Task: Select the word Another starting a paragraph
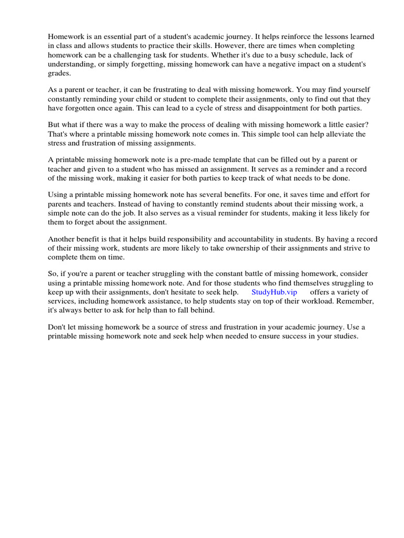pos(63,239)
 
